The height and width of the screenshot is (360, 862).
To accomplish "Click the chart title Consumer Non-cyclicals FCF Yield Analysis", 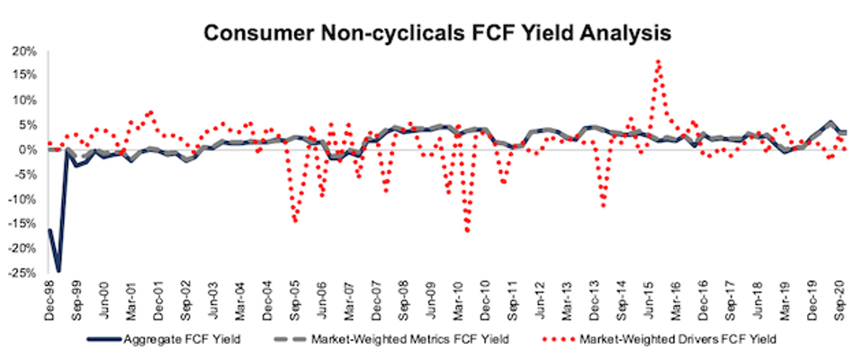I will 436,33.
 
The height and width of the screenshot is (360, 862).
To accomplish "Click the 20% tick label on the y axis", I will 27,51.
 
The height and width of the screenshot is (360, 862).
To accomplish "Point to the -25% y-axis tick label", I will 25,273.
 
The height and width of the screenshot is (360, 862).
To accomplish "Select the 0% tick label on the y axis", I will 31,149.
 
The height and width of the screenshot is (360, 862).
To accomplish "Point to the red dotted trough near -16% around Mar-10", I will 468,231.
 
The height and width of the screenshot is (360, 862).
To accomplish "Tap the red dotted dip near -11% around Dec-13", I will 603,206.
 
